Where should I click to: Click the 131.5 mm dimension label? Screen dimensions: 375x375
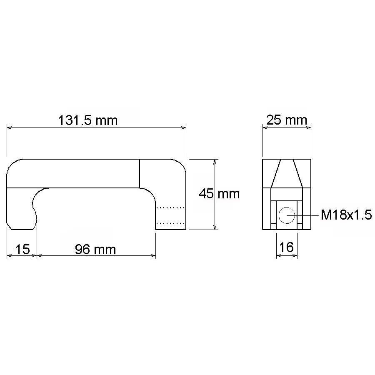[88, 120]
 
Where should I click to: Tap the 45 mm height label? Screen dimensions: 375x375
[219, 193]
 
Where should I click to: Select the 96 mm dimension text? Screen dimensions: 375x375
[95, 250]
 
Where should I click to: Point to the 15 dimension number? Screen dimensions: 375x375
[22, 250]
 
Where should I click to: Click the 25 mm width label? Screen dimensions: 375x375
[287, 120]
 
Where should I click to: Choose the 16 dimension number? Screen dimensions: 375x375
[286, 247]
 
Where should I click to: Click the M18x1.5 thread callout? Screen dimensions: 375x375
[346, 215]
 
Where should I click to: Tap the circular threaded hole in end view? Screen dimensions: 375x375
[287, 215]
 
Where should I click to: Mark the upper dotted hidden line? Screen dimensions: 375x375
[170, 207]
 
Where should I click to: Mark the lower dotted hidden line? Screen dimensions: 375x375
[170, 223]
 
